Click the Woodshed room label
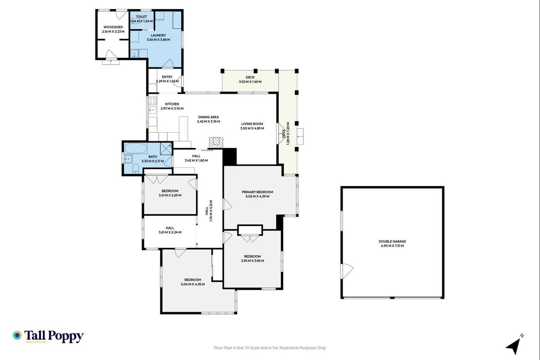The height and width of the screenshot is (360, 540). point(113,27)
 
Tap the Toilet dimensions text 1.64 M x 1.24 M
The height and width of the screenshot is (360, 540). point(142,21)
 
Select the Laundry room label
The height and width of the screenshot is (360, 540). point(158,35)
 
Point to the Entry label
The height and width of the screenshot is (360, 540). point(167,77)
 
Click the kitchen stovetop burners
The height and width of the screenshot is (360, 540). point(152,101)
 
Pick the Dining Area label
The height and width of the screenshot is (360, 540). point(208,117)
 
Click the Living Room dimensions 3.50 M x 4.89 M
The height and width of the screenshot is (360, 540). point(252,128)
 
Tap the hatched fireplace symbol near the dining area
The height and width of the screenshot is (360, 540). point(216,142)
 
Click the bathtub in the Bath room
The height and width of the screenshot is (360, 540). point(135,148)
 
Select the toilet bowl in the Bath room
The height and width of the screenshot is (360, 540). point(136,168)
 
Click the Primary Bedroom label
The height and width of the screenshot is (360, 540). point(257,192)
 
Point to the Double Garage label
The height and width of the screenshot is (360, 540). point(392,241)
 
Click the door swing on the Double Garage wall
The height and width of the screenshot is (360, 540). point(347,271)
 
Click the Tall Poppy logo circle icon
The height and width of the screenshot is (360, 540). point(18,335)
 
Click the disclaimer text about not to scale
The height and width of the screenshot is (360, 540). point(270,348)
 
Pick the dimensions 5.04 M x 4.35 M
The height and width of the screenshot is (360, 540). point(192,284)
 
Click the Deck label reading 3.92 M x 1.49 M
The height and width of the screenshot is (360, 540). point(250,82)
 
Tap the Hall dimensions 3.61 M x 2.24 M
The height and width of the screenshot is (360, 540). point(170,232)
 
